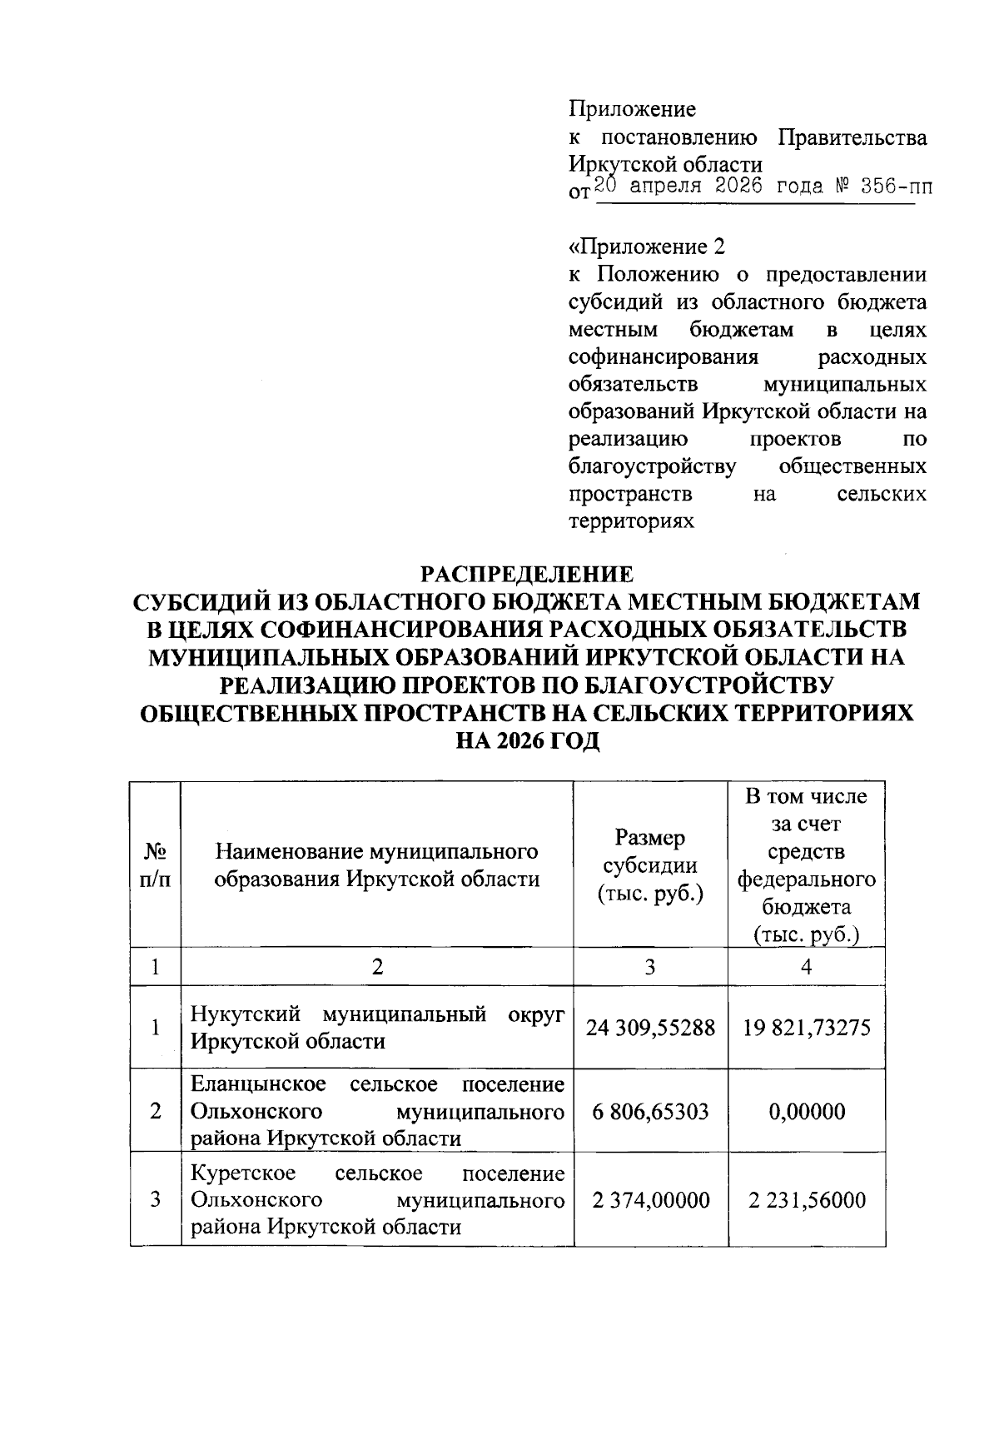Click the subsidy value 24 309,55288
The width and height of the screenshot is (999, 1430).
[650, 1028]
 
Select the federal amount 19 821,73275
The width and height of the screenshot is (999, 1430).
[806, 1028]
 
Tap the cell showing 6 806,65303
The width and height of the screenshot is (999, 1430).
[650, 1111]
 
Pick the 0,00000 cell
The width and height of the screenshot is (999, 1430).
[806, 1111]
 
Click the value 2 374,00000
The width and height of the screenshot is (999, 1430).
[650, 1200]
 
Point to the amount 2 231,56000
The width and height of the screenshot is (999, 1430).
[806, 1200]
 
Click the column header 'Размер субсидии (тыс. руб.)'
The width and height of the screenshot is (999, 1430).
[650, 865]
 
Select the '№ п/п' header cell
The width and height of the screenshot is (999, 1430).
[156, 865]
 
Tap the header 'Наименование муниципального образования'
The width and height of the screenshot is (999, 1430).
[377, 865]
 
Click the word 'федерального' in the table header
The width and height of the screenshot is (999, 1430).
[806, 879]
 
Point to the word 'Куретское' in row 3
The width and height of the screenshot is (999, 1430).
[243, 1173]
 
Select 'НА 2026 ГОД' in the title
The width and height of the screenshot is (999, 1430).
[528, 741]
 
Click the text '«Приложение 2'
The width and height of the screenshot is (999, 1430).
[647, 247]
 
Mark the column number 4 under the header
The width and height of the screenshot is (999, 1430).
[806, 966]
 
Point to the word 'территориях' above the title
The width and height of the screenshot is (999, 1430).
[631, 522]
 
